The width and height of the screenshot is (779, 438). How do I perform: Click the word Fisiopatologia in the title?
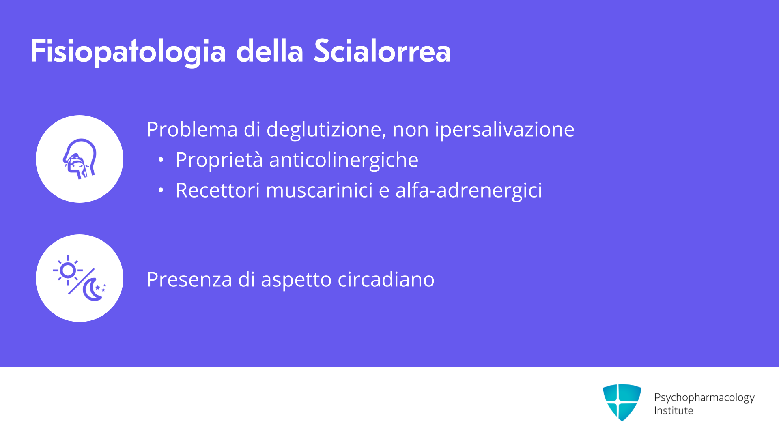[128, 52]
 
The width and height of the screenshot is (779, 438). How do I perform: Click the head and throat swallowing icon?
[80, 159]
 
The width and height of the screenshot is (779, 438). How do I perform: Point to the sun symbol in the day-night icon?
[68, 271]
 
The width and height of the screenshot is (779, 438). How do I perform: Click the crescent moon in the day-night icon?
[93, 290]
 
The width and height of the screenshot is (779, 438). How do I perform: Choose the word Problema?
[192, 130]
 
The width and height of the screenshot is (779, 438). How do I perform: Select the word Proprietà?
[219, 160]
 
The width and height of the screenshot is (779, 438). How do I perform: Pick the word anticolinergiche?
[344, 160]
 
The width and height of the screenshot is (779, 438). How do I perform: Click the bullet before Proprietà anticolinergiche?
[161, 160]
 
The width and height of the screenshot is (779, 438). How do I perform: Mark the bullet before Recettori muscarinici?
[161, 190]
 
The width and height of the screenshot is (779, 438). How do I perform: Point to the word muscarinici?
[319, 190]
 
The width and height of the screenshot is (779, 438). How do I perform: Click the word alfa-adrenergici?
[469, 191]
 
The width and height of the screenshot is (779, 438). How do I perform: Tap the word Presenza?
[189, 280]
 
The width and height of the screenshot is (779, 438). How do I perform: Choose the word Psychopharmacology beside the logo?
[704, 398]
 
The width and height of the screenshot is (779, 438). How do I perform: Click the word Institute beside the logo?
[674, 411]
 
